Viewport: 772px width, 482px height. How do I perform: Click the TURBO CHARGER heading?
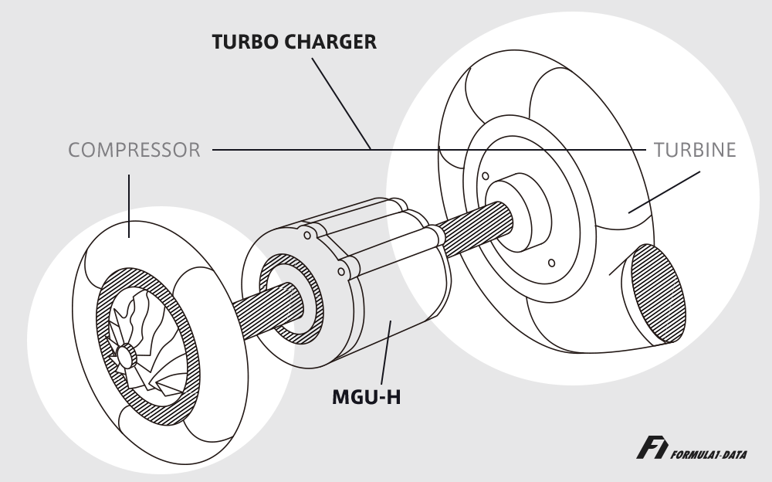tap(294, 42)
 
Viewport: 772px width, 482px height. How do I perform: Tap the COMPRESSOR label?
tap(134, 150)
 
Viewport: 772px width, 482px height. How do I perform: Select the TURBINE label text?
tap(695, 150)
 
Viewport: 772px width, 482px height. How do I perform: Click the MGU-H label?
tap(366, 397)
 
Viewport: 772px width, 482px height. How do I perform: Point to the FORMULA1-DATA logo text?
tap(709, 454)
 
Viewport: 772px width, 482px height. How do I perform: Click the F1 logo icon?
tap(652, 447)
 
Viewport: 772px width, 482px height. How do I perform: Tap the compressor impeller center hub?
tap(126, 355)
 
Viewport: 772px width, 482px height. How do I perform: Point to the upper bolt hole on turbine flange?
tap(486, 176)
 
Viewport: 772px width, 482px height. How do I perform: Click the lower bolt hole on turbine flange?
tap(551, 263)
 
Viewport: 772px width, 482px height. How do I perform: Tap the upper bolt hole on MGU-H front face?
tap(307, 236)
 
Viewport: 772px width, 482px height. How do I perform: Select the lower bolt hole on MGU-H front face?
tap(340, 272)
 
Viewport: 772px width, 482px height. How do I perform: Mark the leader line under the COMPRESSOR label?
tap(129, 206)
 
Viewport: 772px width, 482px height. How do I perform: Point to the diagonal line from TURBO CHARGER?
tap(341, 104)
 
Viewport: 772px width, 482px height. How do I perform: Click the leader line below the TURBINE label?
tap(664, 192)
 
